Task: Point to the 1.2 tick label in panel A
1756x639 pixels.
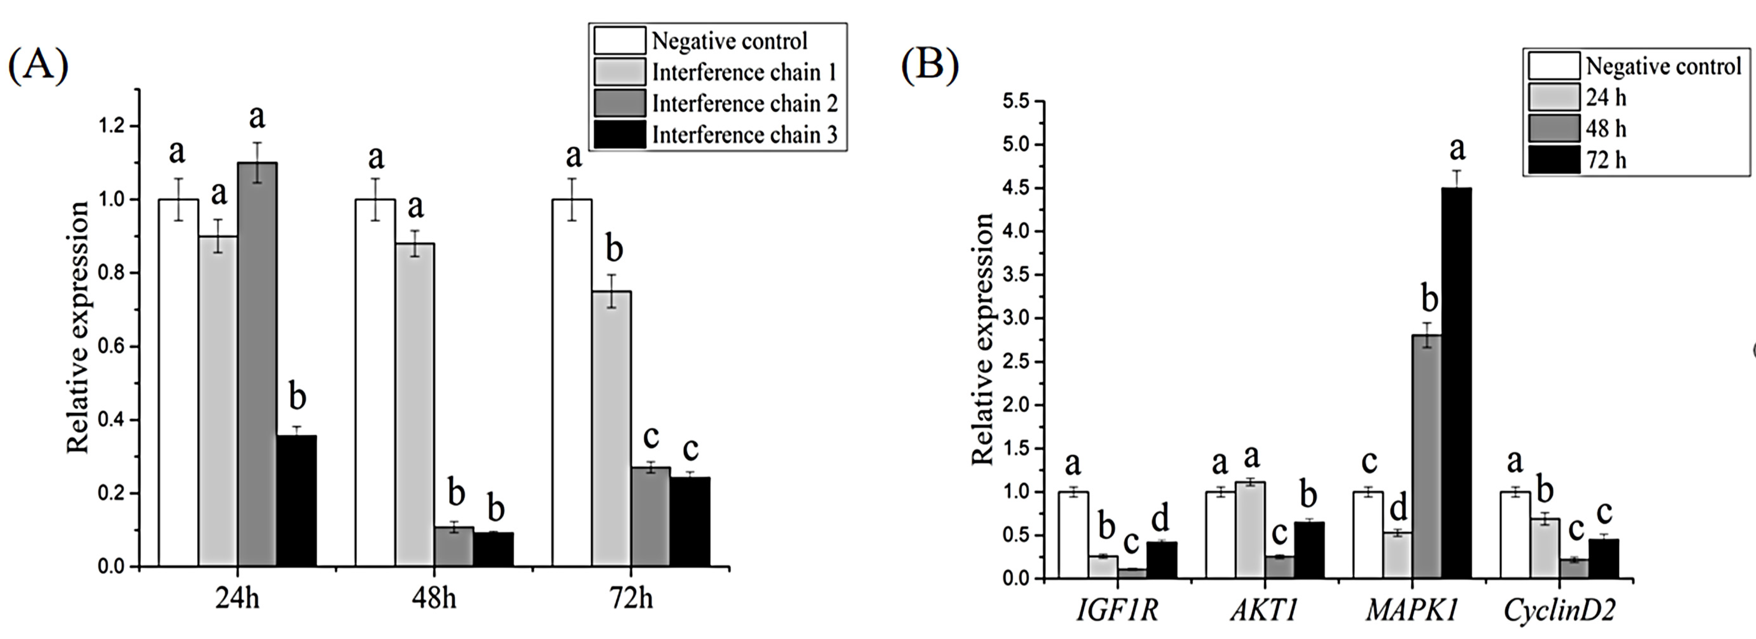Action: click(113, 126)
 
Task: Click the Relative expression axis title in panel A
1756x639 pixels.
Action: click(78, 327)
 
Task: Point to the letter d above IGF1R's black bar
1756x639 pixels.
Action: click(1160, 520)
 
